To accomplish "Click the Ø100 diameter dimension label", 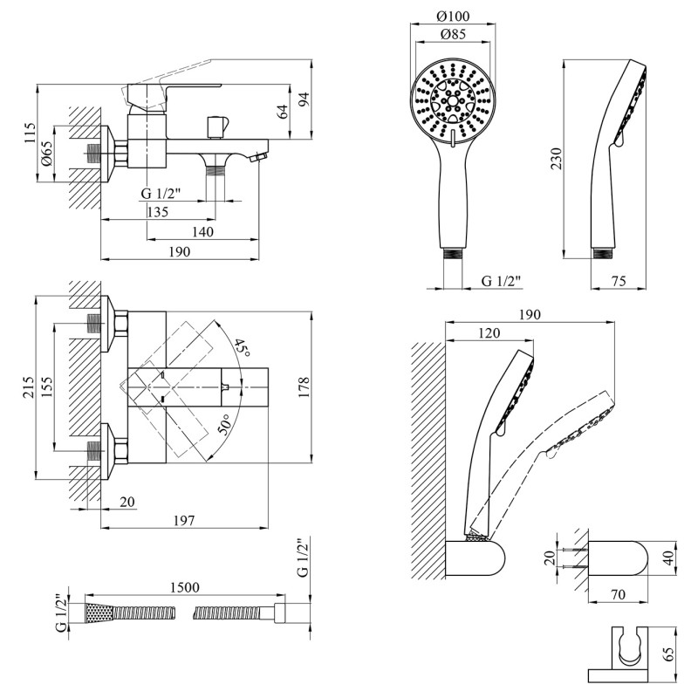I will click(x=452, y=17).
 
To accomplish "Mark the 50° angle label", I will click(x=225, y=427).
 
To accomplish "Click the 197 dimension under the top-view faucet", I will click(x=184, y=520).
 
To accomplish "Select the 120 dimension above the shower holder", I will click(x=489, y=333).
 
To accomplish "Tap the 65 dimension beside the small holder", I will click(x=668, y=655).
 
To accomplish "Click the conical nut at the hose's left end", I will click(x=98, y=613).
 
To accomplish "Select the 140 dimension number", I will click(x=202, y=231).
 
